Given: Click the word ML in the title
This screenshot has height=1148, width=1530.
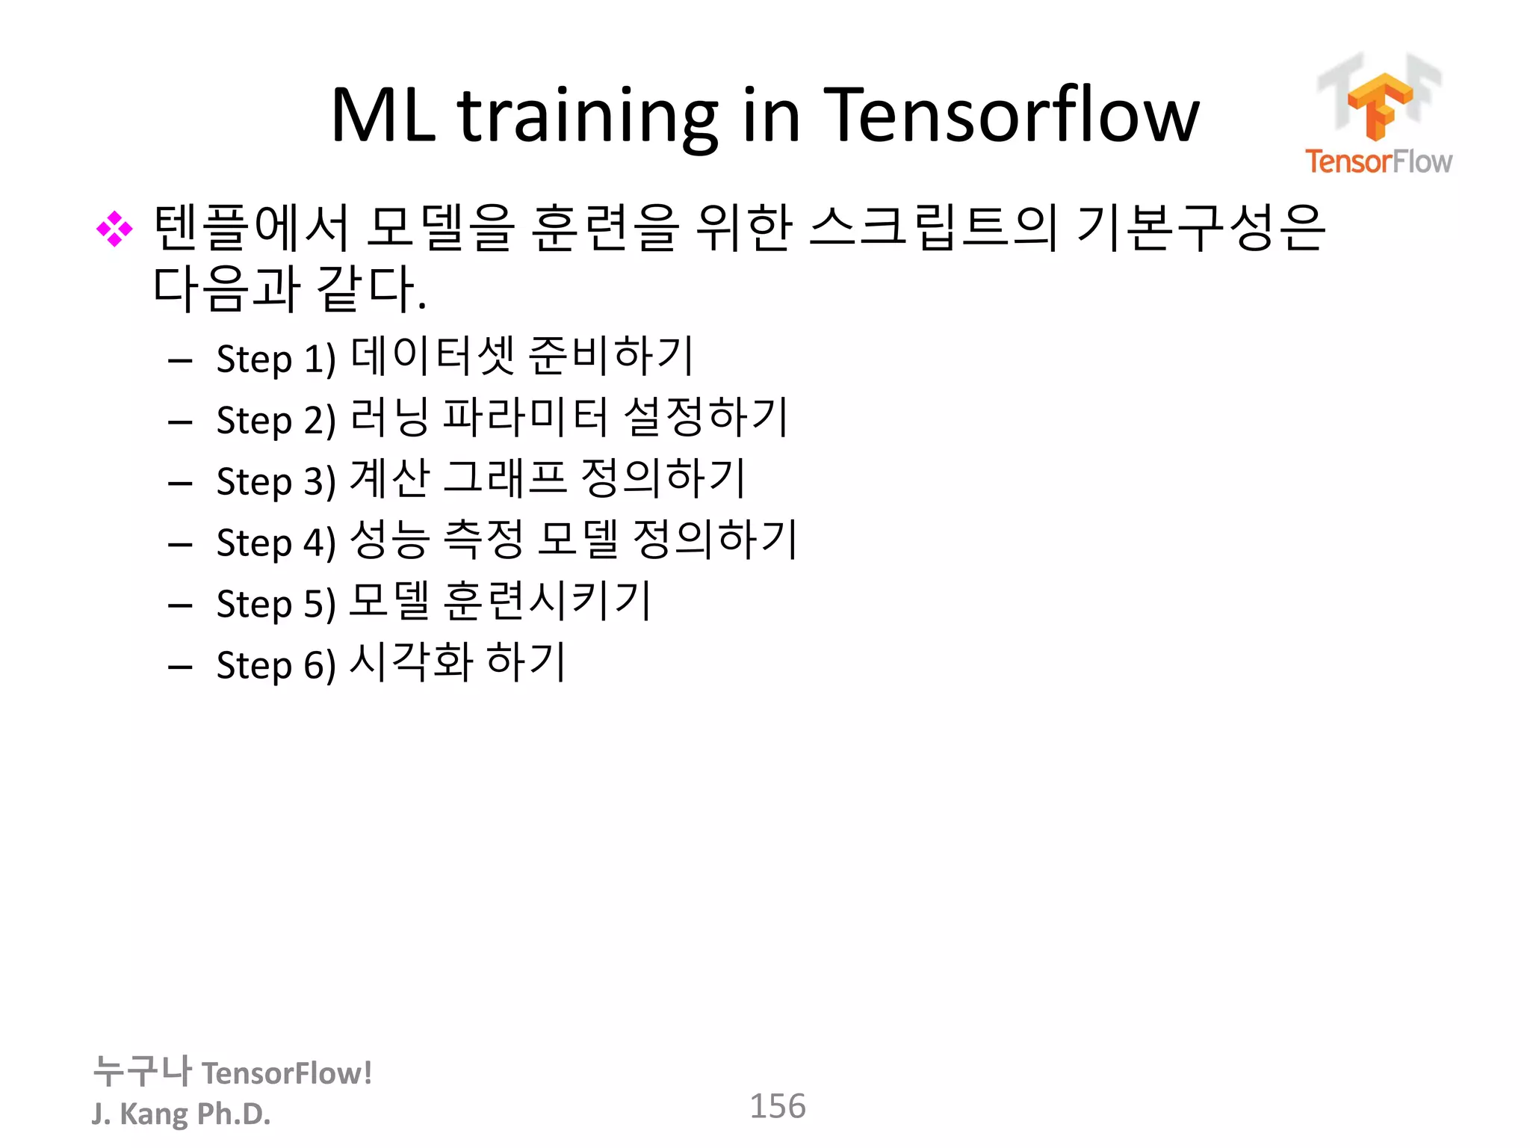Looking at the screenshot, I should click(383, 117).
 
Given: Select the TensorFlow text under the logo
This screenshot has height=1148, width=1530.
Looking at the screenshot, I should click(1378, 161).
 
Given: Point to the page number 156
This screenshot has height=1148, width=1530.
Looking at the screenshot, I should click(777, 1106).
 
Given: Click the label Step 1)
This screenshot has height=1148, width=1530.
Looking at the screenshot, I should click(276, 359).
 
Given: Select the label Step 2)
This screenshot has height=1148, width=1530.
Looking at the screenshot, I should click(276, 421).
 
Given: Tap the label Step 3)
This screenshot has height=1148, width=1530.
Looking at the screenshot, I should click(276, 482).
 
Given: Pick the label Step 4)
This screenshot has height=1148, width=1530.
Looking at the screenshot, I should click(276, 543).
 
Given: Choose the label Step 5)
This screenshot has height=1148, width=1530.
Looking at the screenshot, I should click(276, 605).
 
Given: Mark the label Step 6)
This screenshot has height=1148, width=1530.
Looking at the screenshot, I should click(276, 666).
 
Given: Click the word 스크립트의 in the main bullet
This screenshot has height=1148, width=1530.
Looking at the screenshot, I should click(932, 228).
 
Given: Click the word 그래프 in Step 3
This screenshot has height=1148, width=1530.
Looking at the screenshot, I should click(504, 478).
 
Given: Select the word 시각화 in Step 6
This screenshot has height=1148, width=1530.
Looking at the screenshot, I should click(411, 662).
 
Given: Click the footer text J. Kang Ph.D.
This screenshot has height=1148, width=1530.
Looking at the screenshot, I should click(181, 1114).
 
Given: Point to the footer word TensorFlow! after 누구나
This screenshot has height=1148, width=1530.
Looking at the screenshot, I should click(287, 1073).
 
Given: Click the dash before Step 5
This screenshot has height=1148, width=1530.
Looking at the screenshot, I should click(180, 605).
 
